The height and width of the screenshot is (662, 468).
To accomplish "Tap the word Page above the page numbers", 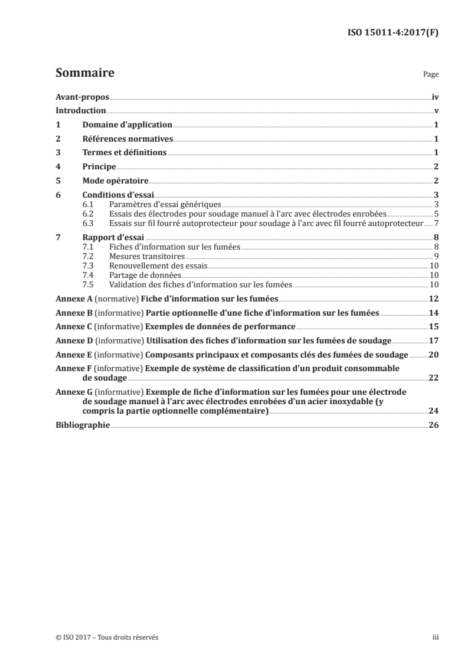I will [x=431, y=75].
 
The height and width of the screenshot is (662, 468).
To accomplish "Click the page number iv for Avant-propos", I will [x=435, y=97].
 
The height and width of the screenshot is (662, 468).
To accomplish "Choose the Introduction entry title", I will [x=80, y=110].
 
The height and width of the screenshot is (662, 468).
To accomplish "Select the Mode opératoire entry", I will [x=114, y=181].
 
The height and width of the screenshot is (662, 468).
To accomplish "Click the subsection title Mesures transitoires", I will [x=147, y=256].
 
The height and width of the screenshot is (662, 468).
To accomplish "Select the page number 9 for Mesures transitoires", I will [x=436, y=256].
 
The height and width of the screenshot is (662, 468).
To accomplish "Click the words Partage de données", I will [x=145, y=275].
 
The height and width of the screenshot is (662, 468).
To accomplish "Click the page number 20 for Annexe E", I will [x=434, y=354].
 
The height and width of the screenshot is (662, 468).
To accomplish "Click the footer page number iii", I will [x=436, y=637].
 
